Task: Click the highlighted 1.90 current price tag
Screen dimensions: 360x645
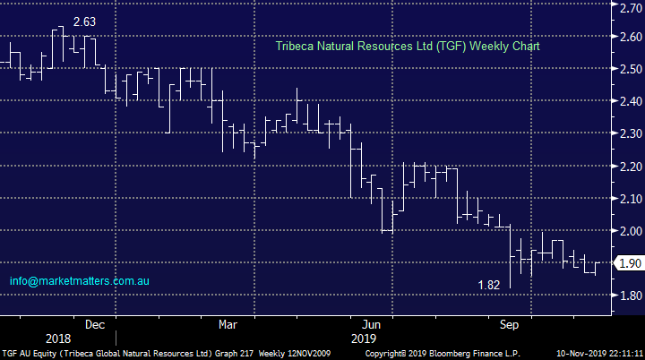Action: click(629, 263)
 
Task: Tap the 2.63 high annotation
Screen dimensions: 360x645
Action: click(84, 20)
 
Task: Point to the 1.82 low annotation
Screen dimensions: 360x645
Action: click(488, 286)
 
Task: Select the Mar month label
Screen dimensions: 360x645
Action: click(228, 324)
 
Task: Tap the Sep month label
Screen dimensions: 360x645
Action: click(510, 324)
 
